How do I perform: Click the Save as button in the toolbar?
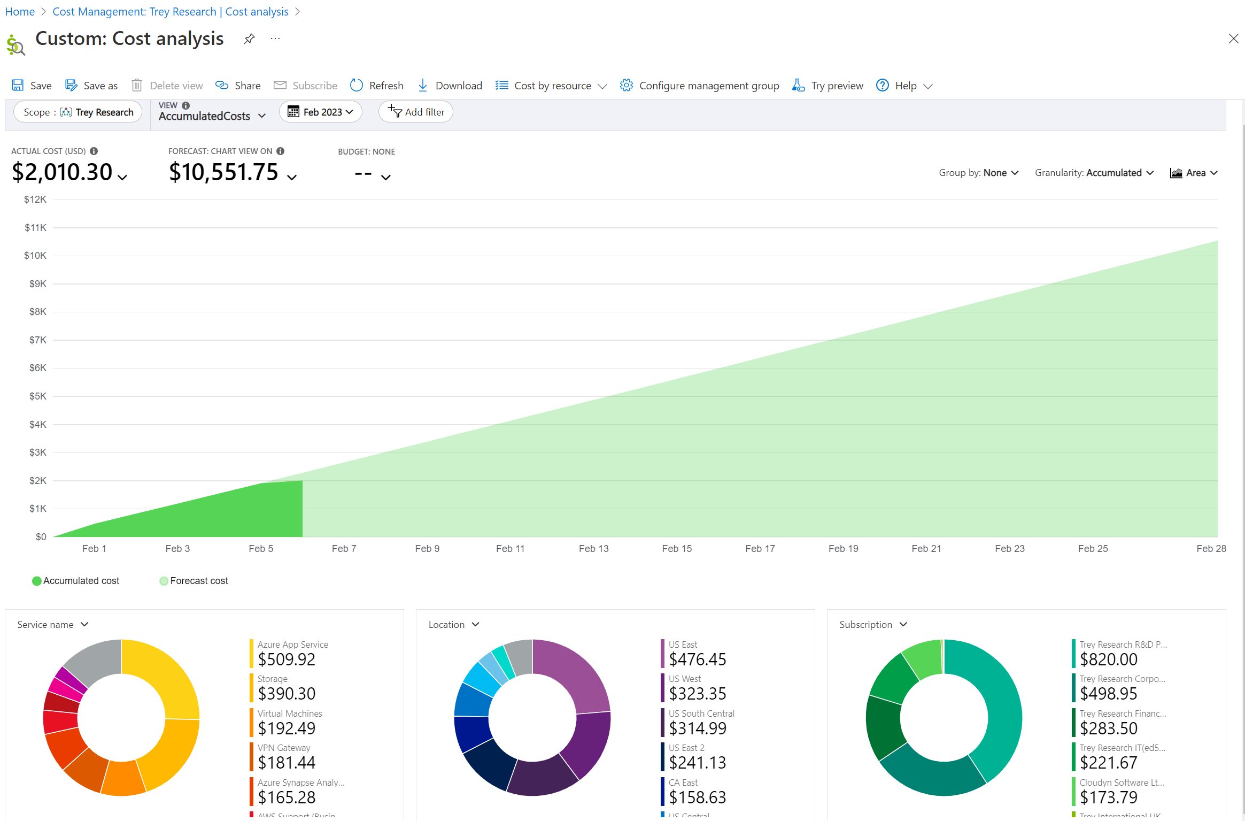91,86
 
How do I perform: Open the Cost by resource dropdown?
551,86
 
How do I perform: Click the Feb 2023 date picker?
321,112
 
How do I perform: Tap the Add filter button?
416,112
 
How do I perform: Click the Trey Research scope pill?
78,112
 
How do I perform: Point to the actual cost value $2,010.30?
63,172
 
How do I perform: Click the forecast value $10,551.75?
224,172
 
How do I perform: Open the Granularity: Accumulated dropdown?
1094,173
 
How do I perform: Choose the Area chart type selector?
1194,173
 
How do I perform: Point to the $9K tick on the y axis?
37,284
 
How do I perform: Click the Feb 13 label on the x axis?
593,548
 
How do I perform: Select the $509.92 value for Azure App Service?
287,659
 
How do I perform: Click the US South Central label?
701,713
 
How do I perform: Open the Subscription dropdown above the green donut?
873,625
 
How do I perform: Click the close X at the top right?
1233,39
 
